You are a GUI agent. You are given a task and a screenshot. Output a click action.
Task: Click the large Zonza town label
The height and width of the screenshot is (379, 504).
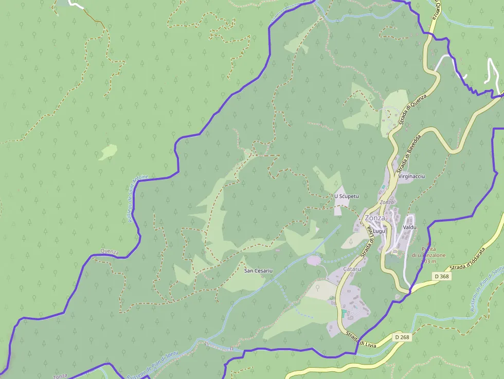(x=375, y=218)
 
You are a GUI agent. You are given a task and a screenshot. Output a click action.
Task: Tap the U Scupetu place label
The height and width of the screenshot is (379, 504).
(x=346, y=196)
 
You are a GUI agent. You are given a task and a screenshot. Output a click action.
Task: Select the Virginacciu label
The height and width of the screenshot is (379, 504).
(x=412, y=176)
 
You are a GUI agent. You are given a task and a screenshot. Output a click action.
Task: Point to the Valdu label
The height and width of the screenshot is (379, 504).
(x=410, y=227)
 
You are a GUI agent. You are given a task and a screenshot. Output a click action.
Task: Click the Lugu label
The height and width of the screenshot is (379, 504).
(x=379, y=231)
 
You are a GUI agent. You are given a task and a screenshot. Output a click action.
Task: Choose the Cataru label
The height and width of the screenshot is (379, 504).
(x=352, y=269)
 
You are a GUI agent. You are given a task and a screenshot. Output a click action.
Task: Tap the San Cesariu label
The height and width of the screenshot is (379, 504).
(x=258, y=270)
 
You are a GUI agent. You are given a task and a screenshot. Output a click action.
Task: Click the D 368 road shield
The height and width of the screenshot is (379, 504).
(x=441, y=276)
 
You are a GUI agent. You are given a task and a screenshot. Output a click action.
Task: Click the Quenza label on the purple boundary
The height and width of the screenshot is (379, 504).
(x=110, y=252)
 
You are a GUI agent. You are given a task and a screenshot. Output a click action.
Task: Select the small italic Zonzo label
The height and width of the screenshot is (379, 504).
(x=386, y=202)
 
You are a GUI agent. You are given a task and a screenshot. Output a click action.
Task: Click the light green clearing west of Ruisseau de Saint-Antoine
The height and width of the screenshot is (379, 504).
(x=109, y=151)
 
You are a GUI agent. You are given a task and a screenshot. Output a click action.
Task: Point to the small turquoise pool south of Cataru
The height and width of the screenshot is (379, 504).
(x=343, y=313)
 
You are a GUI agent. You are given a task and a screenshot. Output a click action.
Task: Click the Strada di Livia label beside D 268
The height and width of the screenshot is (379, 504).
(x=362, y=340)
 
